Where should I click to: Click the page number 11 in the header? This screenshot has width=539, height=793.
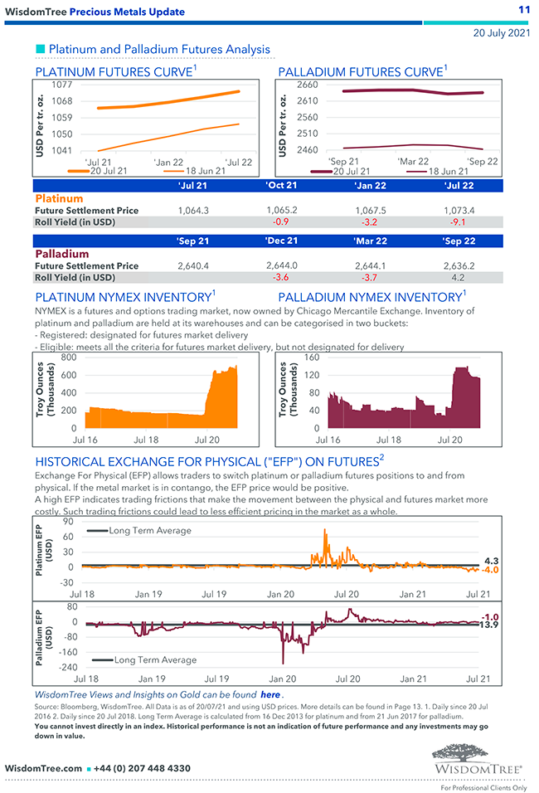[x=523, y=10]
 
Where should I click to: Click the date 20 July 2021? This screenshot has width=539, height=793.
[x=501, y=33]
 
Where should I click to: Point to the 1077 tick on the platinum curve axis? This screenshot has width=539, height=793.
[x=61, y=85]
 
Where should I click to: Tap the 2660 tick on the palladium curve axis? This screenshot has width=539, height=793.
[x=306, y=85]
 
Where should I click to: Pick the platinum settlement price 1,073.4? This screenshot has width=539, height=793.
[x=459, y=211]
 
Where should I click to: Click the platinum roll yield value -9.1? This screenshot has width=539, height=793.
[x=459, y=222]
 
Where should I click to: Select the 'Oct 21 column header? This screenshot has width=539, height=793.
[x=281, y=185]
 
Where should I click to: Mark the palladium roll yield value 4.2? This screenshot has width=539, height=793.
[x=459, y=278]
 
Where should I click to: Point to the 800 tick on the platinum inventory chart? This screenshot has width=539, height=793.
[x=68, y=358]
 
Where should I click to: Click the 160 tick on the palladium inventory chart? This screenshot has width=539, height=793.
[x=312, y=358]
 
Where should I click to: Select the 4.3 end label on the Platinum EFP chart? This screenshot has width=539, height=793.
[x=490, y=561]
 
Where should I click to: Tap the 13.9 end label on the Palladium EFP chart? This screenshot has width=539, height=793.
[x=490, y=624]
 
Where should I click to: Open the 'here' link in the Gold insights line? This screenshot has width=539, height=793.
[x=270, y=694]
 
